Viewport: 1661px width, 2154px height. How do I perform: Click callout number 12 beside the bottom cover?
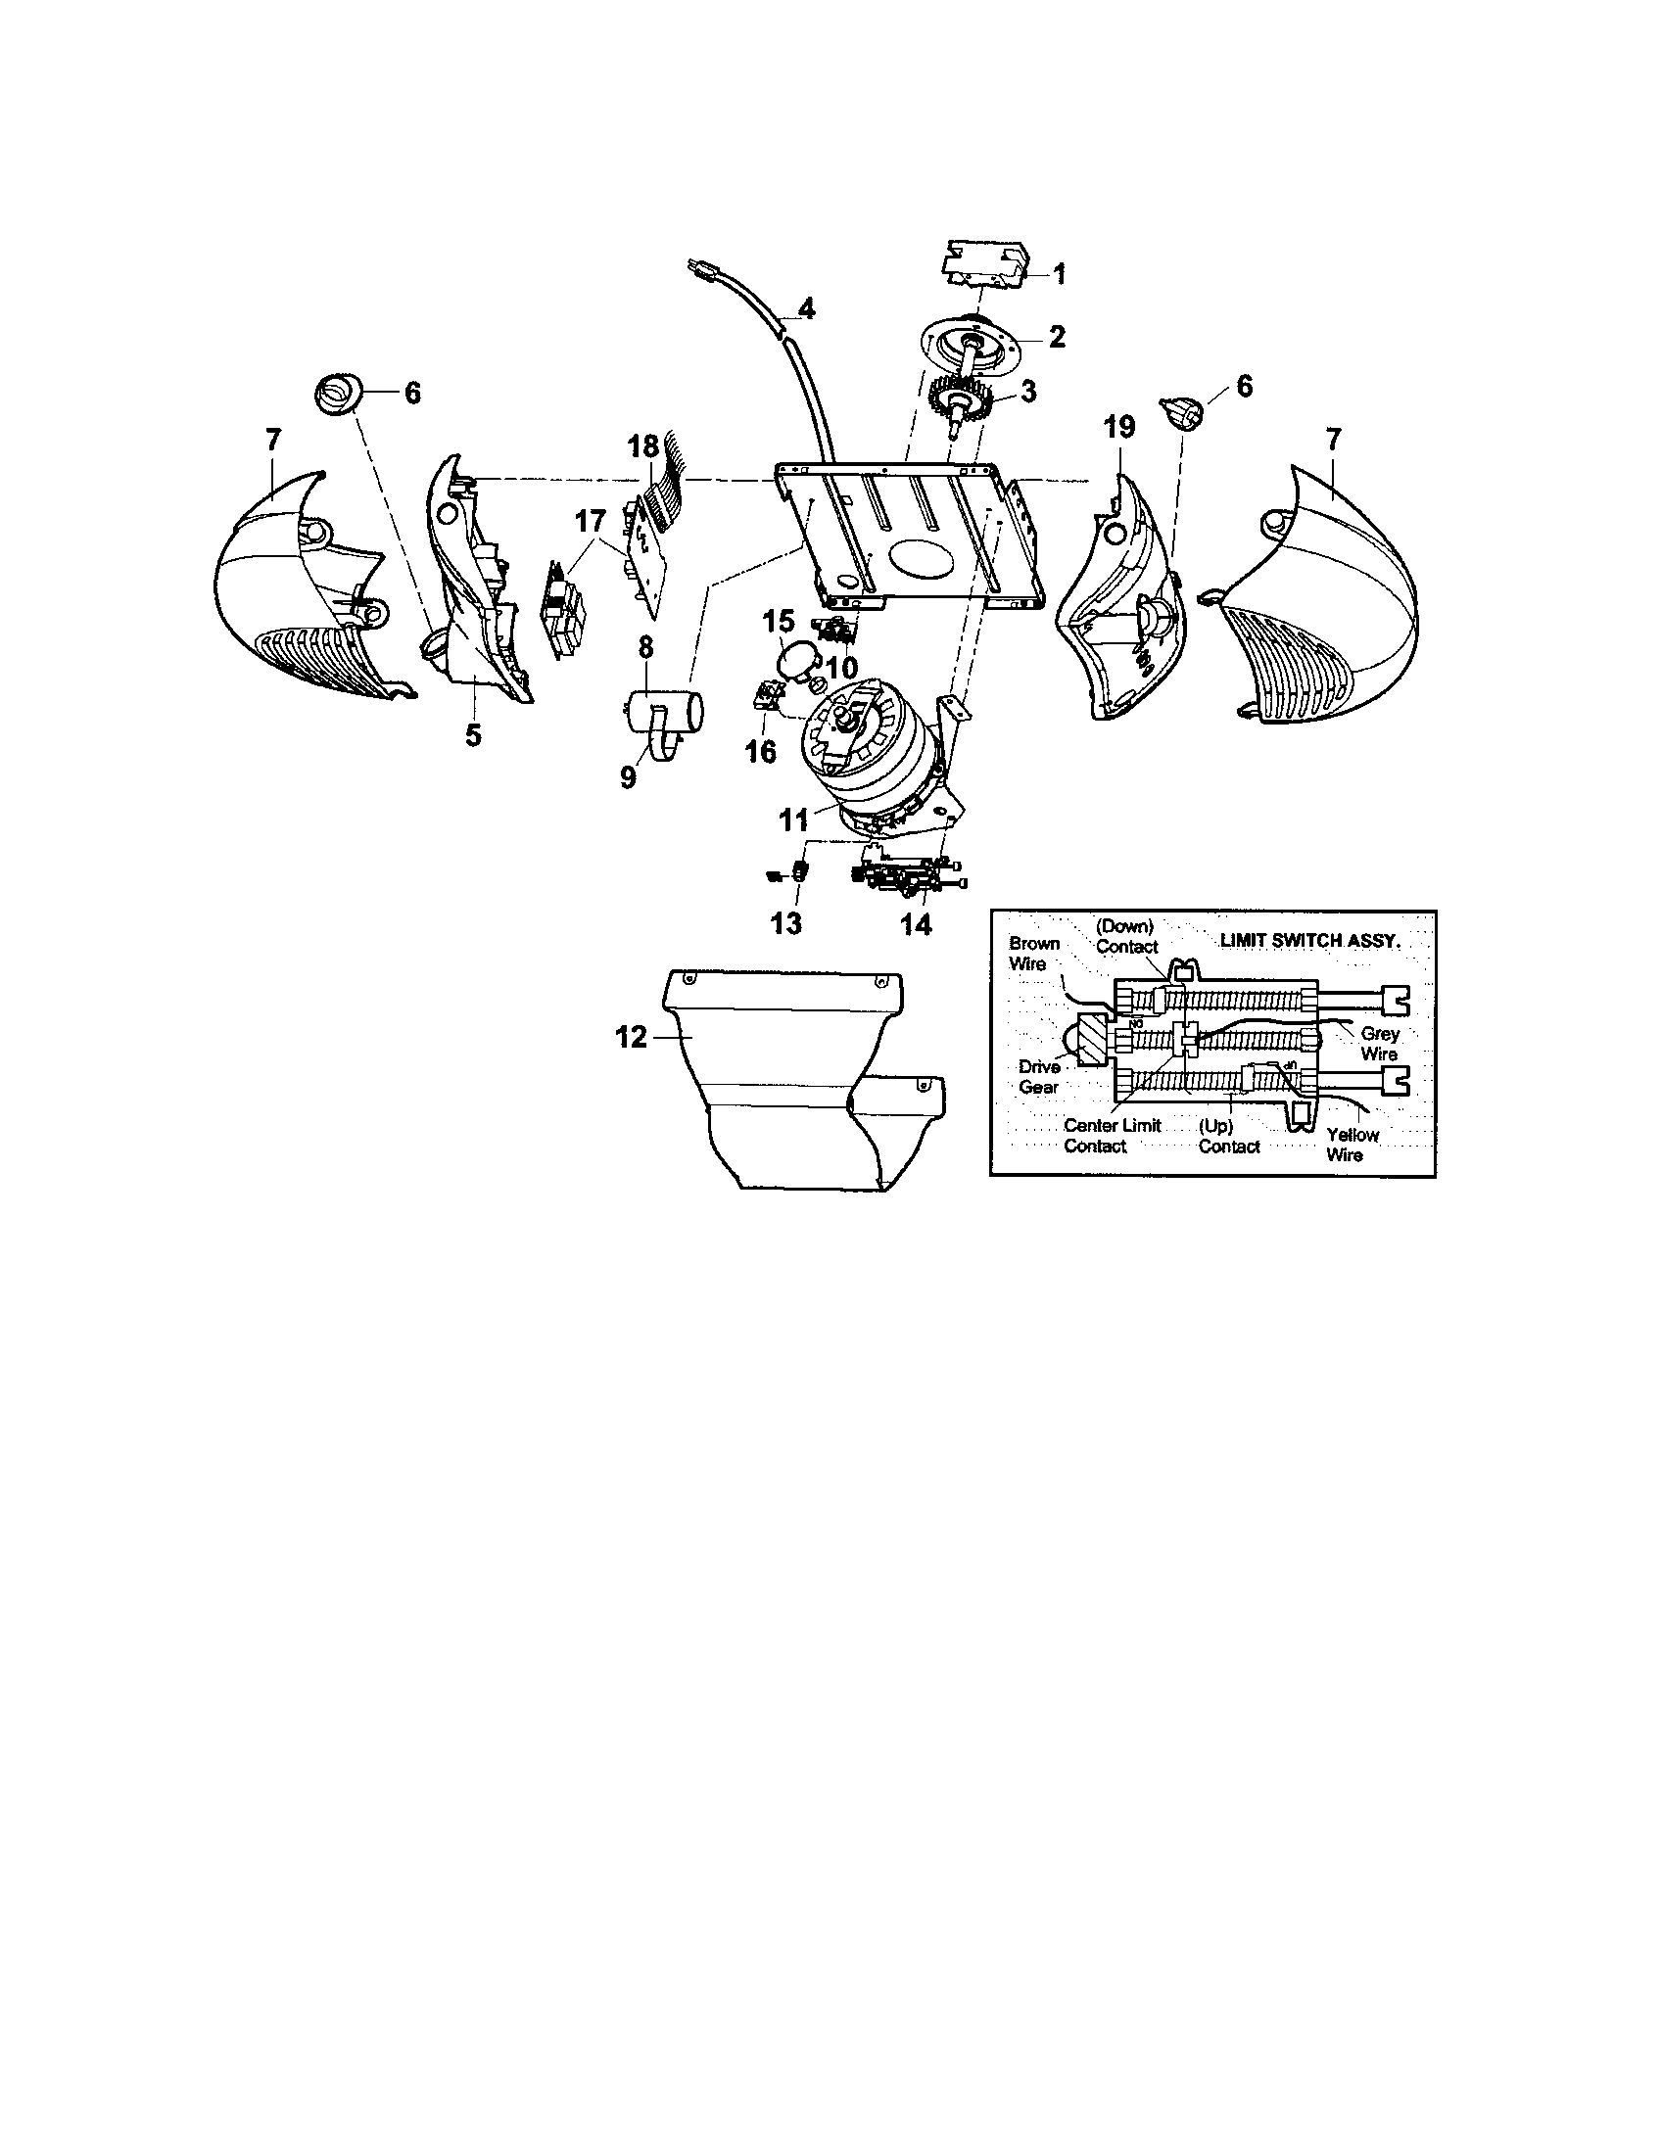(x=632, y=1038)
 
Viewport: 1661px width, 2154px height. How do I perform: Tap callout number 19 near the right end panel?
(x=1119, y=427)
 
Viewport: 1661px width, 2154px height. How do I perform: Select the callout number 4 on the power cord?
(x=806, y=309)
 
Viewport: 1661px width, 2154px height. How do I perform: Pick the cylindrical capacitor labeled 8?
(x=665, y=710)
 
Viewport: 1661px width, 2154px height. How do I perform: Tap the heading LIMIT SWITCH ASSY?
(x=1308, y=940)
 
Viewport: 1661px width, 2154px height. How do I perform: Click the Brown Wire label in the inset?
(x=1033, y=953)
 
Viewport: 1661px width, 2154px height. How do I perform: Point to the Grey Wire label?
(x=1379, y=1044)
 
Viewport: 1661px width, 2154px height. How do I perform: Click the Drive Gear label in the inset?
(x=1040, y=1077)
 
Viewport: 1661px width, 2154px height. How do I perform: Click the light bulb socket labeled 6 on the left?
(x=339, y=394)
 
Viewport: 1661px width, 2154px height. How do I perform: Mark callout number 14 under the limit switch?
(x=916, y=924)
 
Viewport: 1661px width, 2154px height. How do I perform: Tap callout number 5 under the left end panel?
(x=473, y=733)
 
